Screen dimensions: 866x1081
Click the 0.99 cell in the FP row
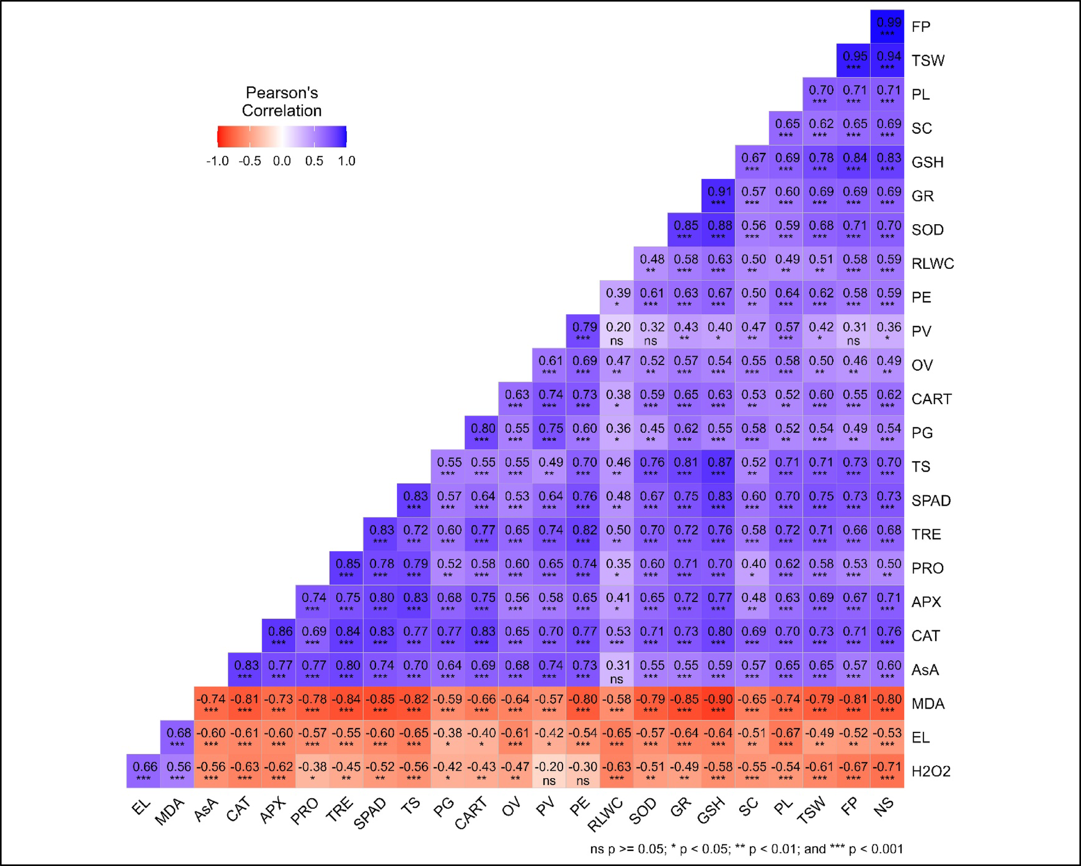point(887,26)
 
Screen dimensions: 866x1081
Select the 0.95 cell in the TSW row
point(853,60)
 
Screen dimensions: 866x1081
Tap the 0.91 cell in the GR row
point(718,196)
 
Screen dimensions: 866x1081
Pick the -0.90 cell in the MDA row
point(718,703)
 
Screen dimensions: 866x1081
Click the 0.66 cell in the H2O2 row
point(144,771)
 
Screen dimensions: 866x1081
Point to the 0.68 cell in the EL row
point(178,737)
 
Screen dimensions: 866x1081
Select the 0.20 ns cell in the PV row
point(617,331)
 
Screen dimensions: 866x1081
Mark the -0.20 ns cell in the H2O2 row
point(549,771)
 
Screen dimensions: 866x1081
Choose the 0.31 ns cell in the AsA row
point(617,670)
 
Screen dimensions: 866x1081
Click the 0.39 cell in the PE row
point(617,297)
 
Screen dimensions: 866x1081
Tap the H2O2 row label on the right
point(931,771)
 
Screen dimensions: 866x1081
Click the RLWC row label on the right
point(932,264)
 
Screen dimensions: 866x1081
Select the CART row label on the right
point(931,399)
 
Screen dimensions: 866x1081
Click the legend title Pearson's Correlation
point(282,101)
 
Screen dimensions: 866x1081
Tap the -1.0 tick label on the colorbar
point(217,161)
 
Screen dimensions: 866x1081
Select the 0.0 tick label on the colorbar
point(282,161)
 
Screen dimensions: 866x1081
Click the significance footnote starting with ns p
point(746,849)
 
